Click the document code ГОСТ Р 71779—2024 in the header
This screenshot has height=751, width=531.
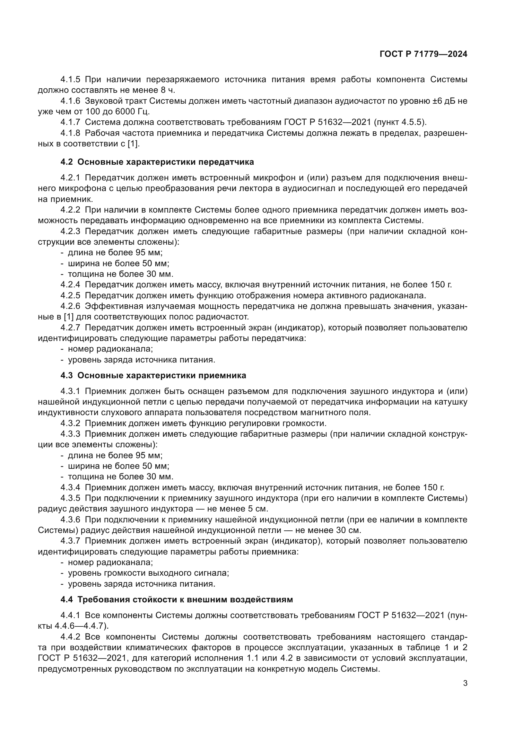[x=423, y=54]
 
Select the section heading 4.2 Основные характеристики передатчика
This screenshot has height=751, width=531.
[x=157, y=162]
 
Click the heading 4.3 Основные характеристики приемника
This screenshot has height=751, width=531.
[x=153, y=375]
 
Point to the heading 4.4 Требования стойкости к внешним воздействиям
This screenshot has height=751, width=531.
[x=177, y=599]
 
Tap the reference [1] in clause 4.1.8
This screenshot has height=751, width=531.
[x=133, y=144]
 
